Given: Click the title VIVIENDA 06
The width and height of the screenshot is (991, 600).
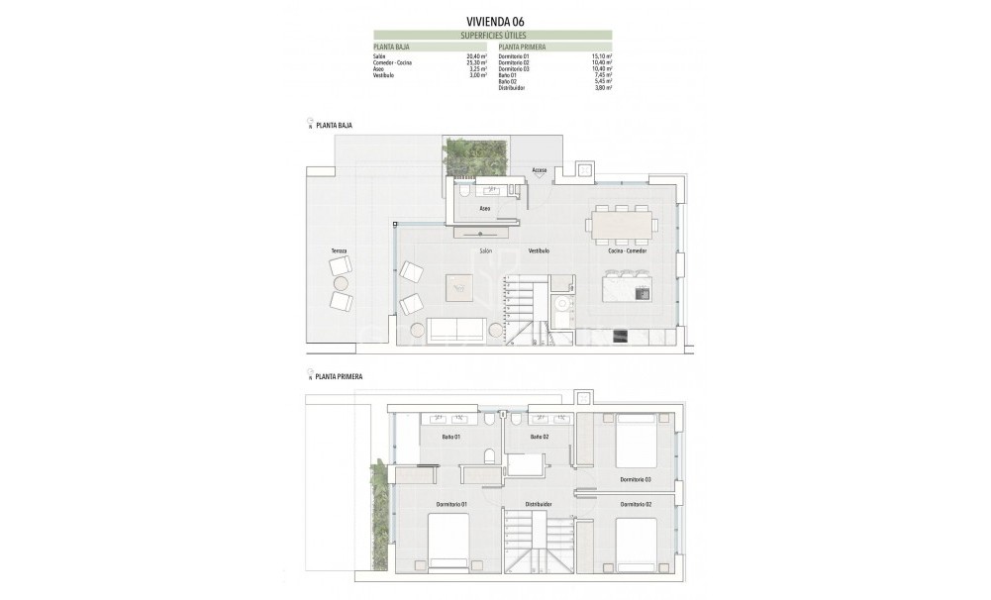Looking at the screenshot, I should (x=495, y=20).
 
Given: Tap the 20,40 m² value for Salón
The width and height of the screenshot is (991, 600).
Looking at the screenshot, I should (x=479, y=56).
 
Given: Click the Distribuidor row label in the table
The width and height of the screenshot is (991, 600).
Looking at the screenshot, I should (x=513, y=88).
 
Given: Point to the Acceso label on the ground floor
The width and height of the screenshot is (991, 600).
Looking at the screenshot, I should (x=540, y=169).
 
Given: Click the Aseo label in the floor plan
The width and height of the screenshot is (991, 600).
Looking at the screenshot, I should (x=485, y=209).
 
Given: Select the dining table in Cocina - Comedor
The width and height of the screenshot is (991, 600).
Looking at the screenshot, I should (x=622, y=225).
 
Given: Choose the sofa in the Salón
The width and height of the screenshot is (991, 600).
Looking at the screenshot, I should (x=456, y=330).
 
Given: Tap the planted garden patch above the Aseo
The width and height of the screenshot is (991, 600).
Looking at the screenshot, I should (x=476, y=154).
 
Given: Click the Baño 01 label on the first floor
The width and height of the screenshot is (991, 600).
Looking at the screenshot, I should (x=450, y=437).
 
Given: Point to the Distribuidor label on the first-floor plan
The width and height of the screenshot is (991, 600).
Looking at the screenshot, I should (x=538, y=504).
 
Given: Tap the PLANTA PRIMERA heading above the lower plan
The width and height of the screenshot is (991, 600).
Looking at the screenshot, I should (x=339, y=377).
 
